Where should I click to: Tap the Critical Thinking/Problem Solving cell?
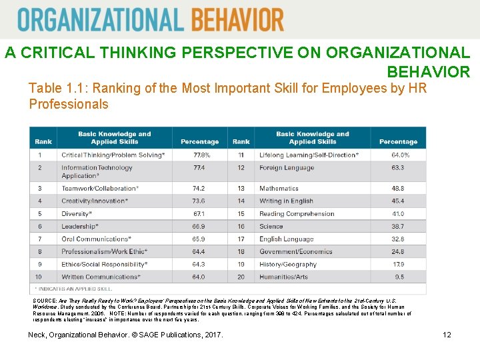coord(113,155)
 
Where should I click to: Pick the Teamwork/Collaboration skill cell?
coord(100,189)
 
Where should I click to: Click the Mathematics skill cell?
coord(279,189)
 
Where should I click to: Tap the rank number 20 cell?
coord(241,277)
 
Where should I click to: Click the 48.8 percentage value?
coord(397,189)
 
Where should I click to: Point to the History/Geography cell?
coord(288,264)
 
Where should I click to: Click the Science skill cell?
coord(271,227)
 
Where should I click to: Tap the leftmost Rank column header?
coord(43,141)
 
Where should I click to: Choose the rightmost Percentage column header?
coord(398,141)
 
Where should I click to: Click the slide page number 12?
coord(447,335)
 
